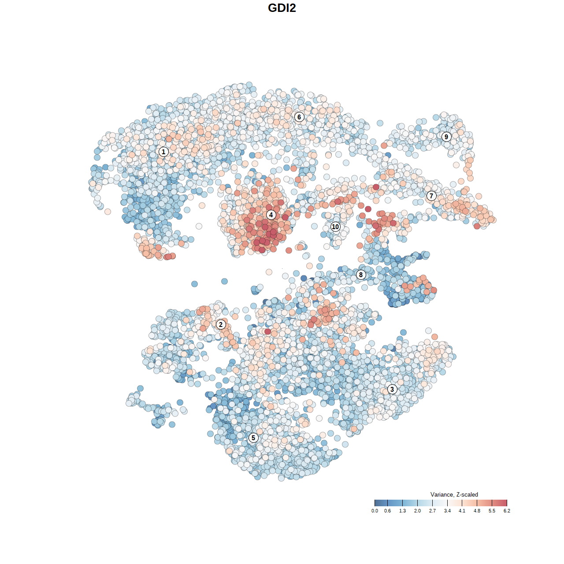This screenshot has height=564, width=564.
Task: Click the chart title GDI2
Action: (282, 8)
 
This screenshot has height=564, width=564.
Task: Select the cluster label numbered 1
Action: (163, 152)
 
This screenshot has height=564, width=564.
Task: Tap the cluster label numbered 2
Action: (221, 325)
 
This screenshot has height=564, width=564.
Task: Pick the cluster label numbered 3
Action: (392, 389)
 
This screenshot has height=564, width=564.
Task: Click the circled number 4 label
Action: (271, 215)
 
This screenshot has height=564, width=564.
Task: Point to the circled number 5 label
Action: (253, 438)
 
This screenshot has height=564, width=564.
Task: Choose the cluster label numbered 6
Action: (299, 117)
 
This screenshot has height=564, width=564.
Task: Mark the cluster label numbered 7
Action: (431, 196)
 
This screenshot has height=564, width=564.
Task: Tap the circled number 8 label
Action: (361, 275)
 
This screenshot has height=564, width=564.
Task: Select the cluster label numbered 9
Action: (446, 137)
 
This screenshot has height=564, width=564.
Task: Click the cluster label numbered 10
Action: (335, 226)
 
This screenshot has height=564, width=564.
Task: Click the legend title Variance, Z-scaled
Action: (454, 494)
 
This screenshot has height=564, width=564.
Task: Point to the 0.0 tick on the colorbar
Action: (375, 511)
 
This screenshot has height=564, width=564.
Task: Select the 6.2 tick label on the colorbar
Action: (507, 511)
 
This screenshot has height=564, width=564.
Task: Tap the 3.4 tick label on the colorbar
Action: (447, 511)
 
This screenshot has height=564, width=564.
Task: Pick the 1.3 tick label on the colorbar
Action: (402, 511)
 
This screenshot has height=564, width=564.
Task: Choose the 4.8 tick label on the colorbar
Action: (477, 511)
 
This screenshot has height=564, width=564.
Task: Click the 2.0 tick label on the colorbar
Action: (417, 511)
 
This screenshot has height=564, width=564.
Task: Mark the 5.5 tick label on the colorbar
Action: (492, 511)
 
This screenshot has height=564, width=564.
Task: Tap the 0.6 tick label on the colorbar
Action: (387, 511)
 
